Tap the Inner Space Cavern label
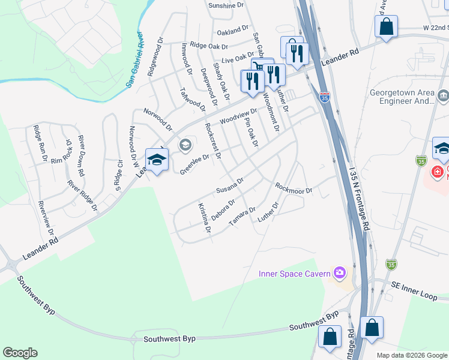coord(294,274)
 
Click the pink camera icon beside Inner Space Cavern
coord(340,274)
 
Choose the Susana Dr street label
coord(229,186)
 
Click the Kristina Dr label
coord(204,218)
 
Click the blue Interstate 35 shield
coord(324,97)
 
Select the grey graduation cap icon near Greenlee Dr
coord(185,144)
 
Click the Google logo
coord(20,353)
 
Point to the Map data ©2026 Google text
coord(411,355)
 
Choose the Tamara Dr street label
coord(243,217)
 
